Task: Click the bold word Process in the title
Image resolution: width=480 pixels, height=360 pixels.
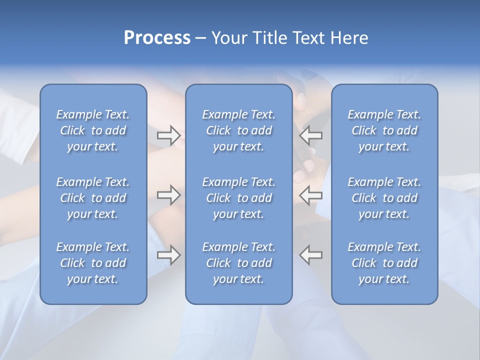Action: (x=157, y=38)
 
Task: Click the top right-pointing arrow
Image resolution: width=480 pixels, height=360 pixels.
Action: (x=168, y=135)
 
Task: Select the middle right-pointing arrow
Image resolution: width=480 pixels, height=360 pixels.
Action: (x=168, y=195)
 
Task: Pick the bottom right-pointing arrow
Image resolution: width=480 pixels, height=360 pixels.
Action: (x=168, y=255)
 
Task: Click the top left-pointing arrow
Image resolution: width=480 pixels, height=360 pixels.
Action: (x=311, y=135)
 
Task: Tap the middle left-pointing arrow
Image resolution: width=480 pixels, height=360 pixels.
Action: (x=311, y=195)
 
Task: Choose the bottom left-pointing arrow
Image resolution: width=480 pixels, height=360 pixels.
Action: (x=311, y=255)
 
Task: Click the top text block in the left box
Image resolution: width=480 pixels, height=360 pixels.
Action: (x=93, y=130)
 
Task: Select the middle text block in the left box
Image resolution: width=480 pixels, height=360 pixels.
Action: (x=93, y=198)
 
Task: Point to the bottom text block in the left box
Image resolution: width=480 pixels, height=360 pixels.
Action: (x=93, y=263)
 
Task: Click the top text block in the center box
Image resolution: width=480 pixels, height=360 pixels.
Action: (x=238, y=130)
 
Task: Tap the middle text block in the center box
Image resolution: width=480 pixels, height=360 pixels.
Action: (x=238, y=198)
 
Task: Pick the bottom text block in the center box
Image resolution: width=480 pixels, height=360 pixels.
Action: (x=238, y=263)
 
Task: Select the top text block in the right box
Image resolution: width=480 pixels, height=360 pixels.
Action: (x=384, y=130)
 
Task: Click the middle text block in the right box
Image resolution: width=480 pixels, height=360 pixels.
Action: (x=384, y=198)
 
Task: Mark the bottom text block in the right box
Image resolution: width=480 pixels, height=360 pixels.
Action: (x=384, y=263)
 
